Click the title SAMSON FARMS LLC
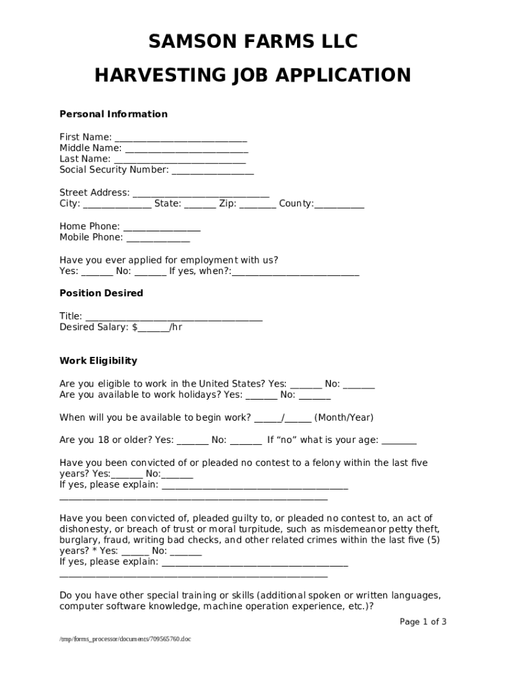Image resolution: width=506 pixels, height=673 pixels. click(253, 41)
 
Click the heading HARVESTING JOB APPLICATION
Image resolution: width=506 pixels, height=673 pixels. click(253, 76)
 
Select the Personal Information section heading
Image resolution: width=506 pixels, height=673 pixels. click(114, 114)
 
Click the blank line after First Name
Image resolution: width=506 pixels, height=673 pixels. click(181, 138)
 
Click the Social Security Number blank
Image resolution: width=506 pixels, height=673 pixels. click(212, 171)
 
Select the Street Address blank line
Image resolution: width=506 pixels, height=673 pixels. click(201, 194)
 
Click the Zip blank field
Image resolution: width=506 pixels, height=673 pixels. click(258, 204)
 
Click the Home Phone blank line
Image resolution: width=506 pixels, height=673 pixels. click(162, 227)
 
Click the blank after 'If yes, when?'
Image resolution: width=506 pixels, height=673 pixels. click(296, 272)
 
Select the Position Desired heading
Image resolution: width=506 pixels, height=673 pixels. click(101, 293)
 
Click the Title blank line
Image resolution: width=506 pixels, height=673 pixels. click(174, 317)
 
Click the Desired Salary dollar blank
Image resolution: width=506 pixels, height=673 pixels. click(153, 328)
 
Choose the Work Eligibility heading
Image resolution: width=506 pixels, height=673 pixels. click(99, 361)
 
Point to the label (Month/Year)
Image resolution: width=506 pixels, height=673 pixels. click(344, 418)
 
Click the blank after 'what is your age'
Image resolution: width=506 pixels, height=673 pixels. click(399, 441)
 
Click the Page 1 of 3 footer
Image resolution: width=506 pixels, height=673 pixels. click(423, 622)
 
